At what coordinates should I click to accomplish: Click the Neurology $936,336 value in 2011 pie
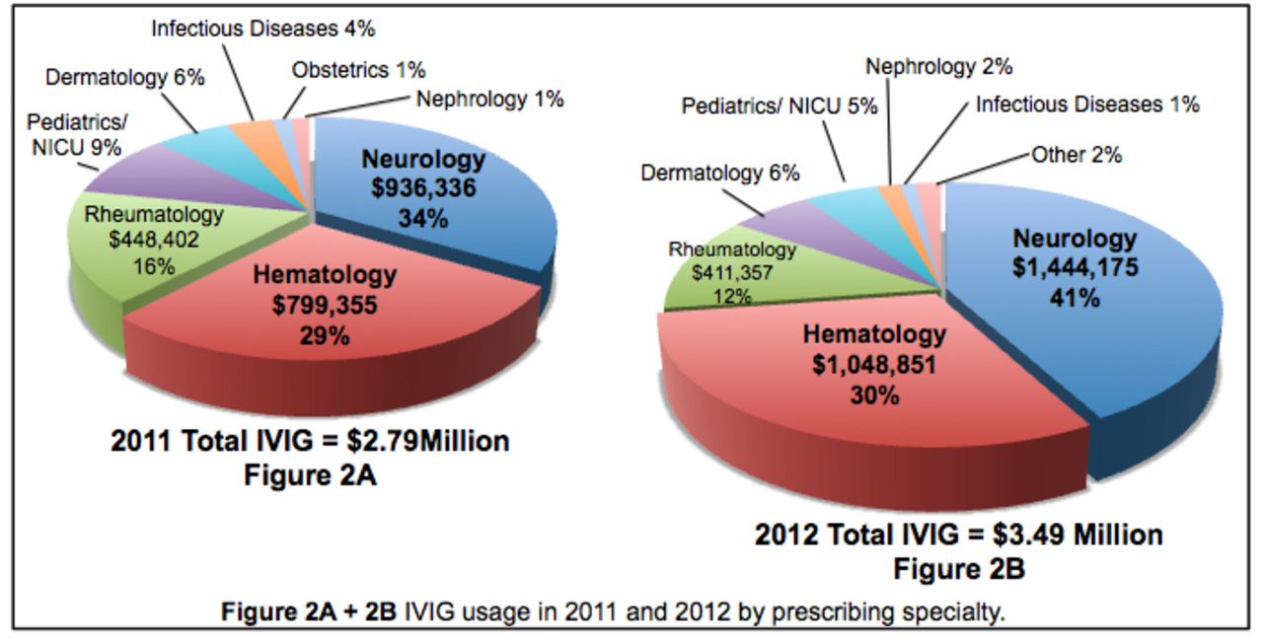click(423, 188)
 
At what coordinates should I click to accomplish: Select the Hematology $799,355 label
click(325, 305)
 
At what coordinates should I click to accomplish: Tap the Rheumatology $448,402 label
click(154, 240)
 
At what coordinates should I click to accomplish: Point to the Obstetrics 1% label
click(358, 70)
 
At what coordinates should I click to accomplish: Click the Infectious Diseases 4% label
click(262, 29)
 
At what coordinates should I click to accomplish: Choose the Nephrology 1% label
click(489, 99)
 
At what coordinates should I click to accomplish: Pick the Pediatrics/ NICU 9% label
click(75, 136)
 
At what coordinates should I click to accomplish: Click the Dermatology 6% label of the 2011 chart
click(125, 78)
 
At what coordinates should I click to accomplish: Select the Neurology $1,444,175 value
click(1076, 267)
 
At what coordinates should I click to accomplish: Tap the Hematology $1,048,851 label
click(874, 365)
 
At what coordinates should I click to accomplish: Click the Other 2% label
click(1077, 155)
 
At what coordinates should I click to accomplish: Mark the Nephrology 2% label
click(939, 67)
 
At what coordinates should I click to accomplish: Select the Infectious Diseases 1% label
click(1087, 104)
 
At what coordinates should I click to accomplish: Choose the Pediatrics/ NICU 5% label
click(780, 106)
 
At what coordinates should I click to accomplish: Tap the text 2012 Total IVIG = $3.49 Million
click(958, 536)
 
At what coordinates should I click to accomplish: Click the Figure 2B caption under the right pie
click(958, 569)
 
